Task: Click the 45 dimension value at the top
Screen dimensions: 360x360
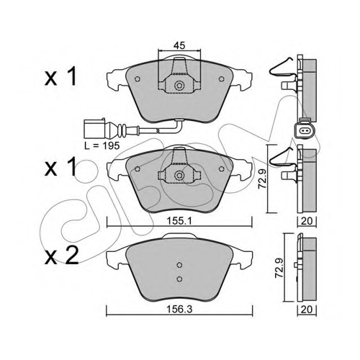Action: point(180,45)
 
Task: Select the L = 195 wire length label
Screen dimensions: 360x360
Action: point(102,145)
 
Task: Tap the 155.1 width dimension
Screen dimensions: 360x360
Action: point(180,221)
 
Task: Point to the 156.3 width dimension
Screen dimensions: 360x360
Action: point(180,310)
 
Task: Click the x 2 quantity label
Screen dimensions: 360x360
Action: point(62,256)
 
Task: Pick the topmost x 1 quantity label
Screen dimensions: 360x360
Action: point(60,76)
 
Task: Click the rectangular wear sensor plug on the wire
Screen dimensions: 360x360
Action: point(94,129)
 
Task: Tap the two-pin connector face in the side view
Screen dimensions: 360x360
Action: point(303,131)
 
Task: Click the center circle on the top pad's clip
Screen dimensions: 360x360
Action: point(179,86)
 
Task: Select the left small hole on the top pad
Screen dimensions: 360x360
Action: point(138,79)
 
